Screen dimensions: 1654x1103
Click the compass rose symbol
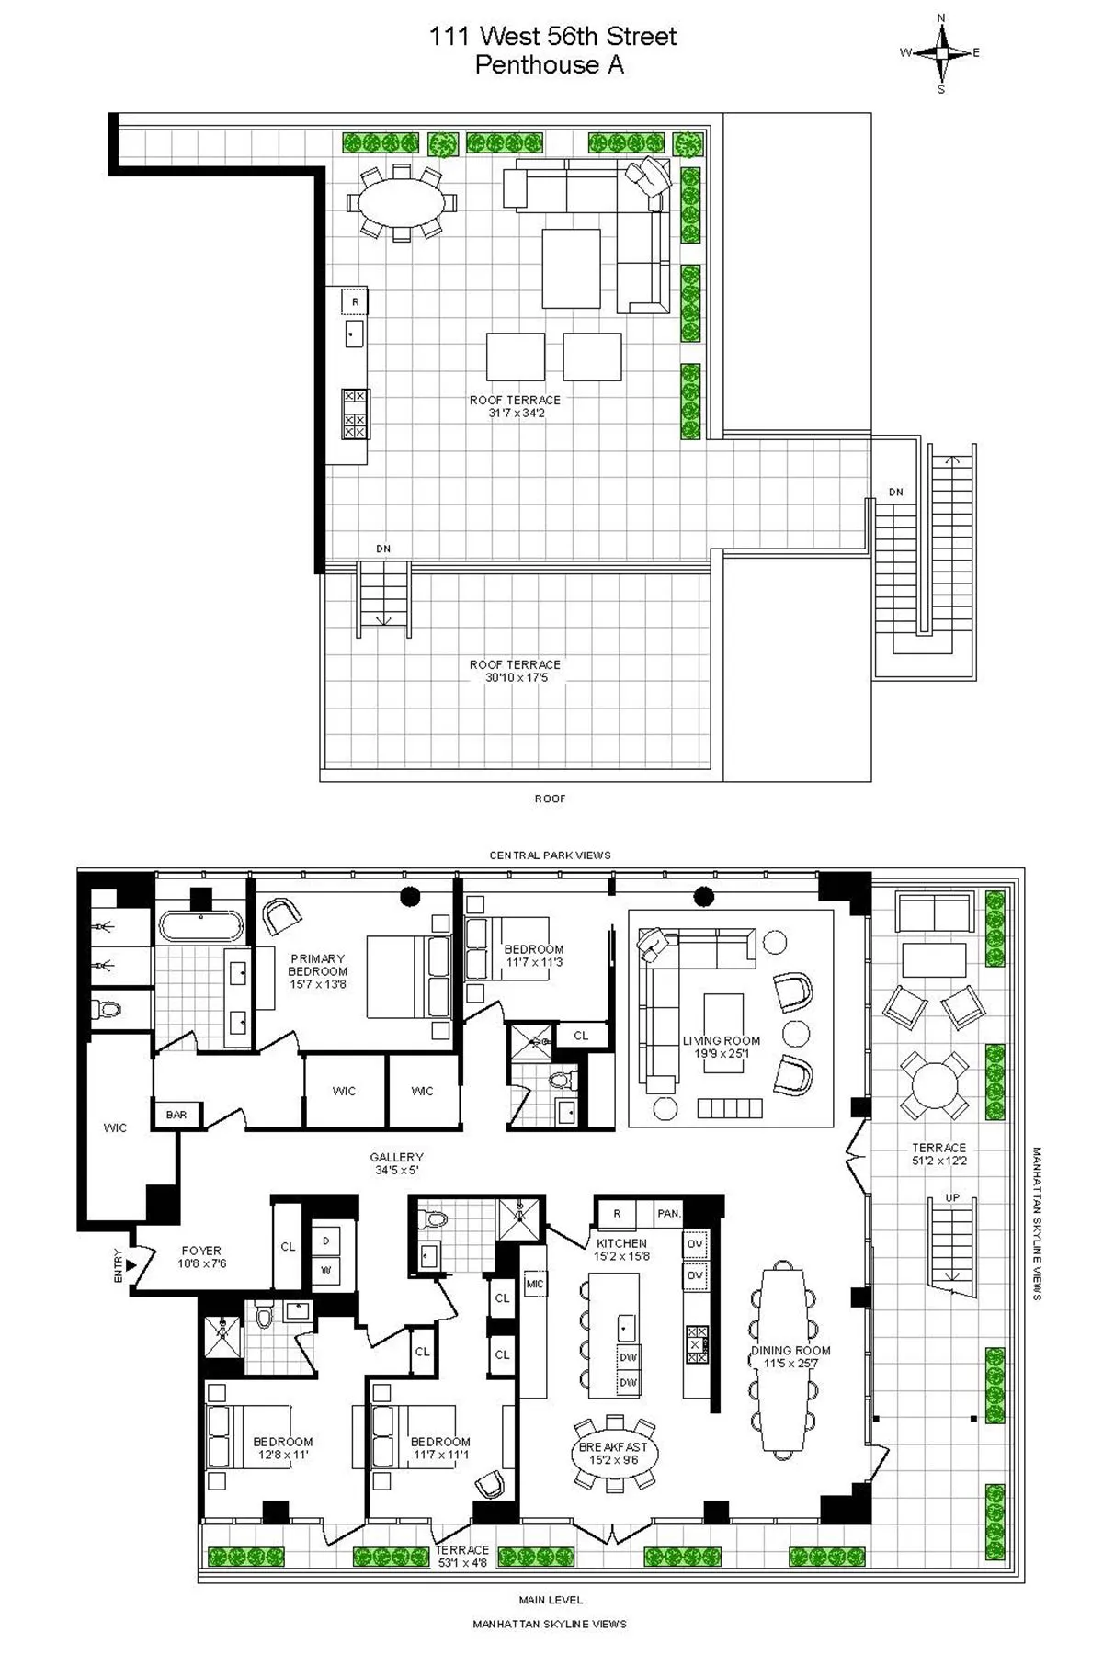pos(940,52)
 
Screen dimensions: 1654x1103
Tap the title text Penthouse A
pos(549,65)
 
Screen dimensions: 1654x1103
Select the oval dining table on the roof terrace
pos(400,203)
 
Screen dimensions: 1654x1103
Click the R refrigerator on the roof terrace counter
pos(355,301)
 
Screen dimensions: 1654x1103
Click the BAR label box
pos(176,1115)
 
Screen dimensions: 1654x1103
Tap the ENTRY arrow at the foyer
pos(131,1265)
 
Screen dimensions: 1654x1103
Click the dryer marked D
pos(325,1240)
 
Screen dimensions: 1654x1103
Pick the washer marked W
pos(325,1271)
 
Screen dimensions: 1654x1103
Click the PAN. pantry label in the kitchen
pos(668,1213)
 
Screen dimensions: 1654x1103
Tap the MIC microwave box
pos(534,1284)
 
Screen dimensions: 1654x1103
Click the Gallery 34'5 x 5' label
pos(396,1164)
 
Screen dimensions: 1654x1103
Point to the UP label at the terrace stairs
pos(952,1198)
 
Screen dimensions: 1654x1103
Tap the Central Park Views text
pos(550,855)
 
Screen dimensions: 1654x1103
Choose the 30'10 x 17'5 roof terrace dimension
pos(516,677)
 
